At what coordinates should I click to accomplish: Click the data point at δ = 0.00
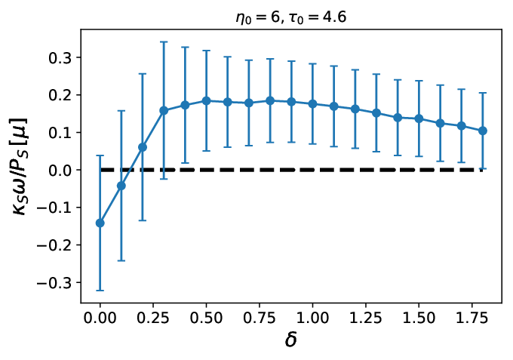(x=100, y=223)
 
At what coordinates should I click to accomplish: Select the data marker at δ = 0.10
(x=121, y=186)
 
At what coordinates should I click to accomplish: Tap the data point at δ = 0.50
(x=206, y=101)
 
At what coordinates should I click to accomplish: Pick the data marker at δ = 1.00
(x=312, y=103)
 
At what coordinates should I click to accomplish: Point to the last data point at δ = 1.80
(x=483, y=131)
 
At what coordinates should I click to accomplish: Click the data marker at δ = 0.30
(x=164, y=111)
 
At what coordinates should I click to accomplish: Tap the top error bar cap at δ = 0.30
(x=164, y=42)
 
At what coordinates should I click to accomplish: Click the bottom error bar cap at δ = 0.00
(x=100, y=291)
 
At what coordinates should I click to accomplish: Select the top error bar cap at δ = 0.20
(x=143, y=74)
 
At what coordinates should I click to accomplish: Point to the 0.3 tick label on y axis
(x=60, y=58)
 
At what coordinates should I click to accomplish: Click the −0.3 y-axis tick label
(x=54, y=283)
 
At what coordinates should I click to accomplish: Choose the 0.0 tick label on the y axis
(x=60, y=171)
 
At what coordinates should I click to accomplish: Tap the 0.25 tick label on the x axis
(x=153, y=318)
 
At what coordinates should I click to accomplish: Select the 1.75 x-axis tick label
(x=472, y=318)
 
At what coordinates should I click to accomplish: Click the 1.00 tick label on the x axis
(x=312, y=318)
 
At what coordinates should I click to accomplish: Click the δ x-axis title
(x=291, y=340)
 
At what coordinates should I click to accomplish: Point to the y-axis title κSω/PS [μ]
(x=20, y=166)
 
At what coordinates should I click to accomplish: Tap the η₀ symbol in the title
(x=241, y=18)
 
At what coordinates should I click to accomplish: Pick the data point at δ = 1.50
(x=419, y=118)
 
